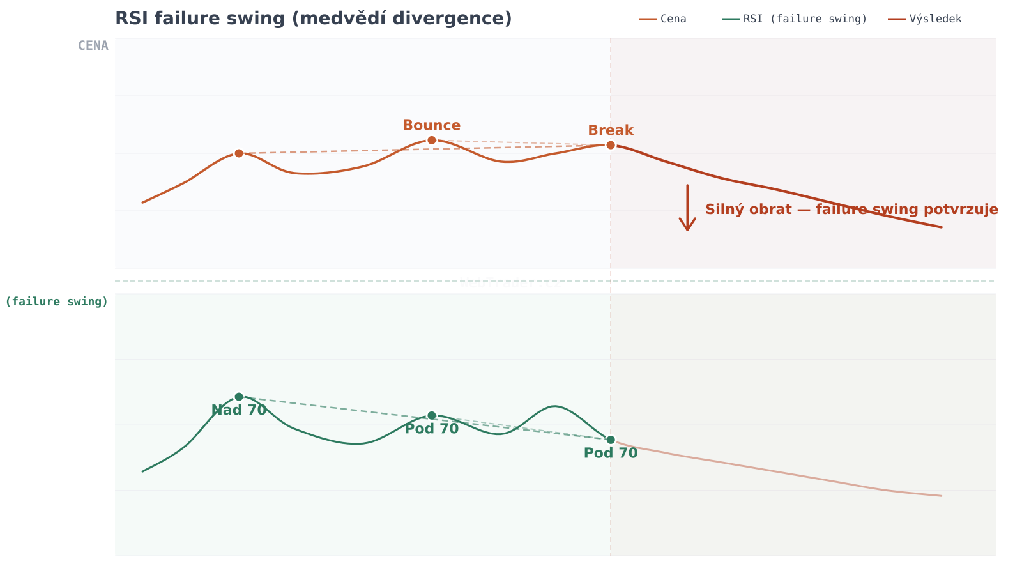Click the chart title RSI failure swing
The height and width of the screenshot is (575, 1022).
tap(313, 19)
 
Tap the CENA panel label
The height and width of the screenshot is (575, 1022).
tap(93, 46)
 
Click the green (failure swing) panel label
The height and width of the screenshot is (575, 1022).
tap(57, 302)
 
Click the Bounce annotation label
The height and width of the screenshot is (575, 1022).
tap(431, 126)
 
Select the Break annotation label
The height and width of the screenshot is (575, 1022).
tap(610, 130)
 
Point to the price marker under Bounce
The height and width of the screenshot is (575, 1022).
tap(431, 140)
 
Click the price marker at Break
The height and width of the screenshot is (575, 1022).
tap(610, 145)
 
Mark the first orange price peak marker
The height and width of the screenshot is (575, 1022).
tap(239, 153)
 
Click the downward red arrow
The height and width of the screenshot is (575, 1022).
tap(687, 208)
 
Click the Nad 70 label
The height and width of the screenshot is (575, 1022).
tap(238, 411)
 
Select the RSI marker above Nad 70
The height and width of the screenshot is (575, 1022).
tap(239, 397)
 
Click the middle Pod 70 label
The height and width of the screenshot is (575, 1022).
tap(431, 429)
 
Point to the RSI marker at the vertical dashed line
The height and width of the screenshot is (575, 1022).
tap(610, 440)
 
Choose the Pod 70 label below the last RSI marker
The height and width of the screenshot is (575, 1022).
tap(610, 454)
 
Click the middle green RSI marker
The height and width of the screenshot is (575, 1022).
tap(431, 415)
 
